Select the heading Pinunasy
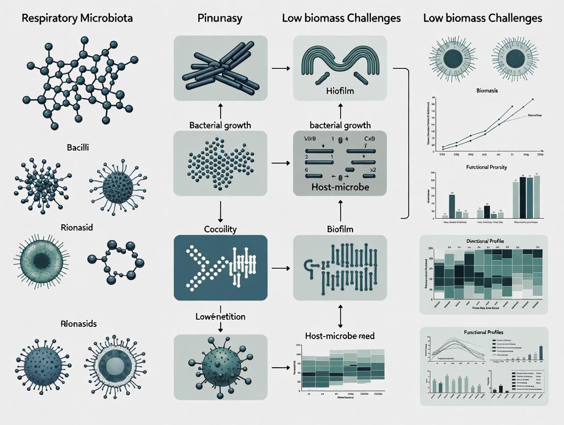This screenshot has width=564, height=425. coord(220,18)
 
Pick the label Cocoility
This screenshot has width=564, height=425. coord(220,229)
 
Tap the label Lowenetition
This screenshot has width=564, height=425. coord(220,317)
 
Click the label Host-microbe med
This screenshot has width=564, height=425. coord(340,336)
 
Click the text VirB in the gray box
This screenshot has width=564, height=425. coord(311,138)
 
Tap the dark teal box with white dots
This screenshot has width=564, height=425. coord(220,267)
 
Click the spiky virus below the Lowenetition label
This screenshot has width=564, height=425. coord(220,366)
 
